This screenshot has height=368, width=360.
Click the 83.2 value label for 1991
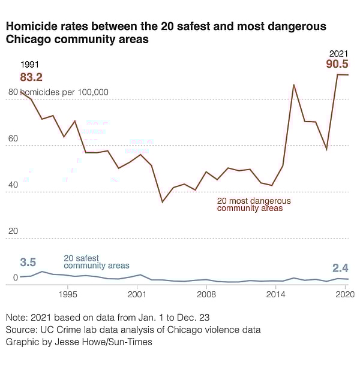coord(31,77)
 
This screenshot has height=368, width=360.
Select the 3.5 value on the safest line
coord(28,263)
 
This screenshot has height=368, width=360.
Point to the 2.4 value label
coord(341,269)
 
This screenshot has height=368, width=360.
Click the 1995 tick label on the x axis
coord(68,295)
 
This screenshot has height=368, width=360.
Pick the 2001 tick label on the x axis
coord(137,295)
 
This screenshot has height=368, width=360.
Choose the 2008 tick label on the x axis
coord(207,295)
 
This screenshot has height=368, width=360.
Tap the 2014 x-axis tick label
coord(276,295)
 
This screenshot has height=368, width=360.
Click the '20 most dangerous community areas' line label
coord(254,204)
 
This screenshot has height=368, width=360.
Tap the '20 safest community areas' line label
coord(96,261)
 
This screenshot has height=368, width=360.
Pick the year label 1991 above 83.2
coord(29,65)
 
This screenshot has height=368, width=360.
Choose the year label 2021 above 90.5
coord(339,53)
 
